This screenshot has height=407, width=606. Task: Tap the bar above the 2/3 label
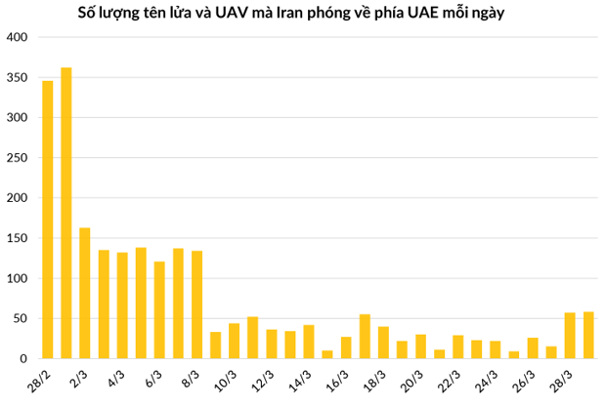point(85,293)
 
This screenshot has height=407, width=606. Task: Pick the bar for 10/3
point(234,341)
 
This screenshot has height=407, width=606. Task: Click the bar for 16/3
point(346,347)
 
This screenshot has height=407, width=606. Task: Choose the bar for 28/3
point(570,336)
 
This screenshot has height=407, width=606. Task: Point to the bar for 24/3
point(496,349)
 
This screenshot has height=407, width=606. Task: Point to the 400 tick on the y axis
point(19,37)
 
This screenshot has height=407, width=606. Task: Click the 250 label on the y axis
point(19,158)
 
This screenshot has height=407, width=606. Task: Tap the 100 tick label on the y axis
point(19,279)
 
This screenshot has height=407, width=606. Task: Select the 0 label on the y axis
point(25,359)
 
